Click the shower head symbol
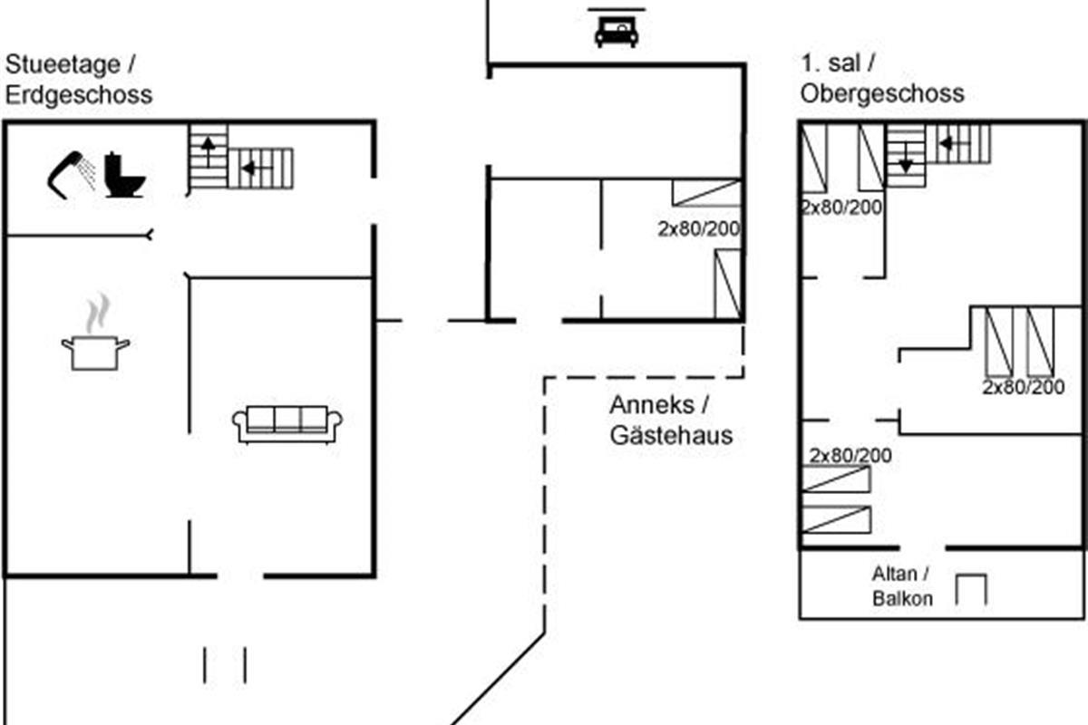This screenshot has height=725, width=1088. (71, 175)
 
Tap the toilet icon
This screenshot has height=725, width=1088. (125, 175)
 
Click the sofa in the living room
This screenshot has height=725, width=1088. (287, 424)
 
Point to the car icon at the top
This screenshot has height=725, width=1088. (617, 32)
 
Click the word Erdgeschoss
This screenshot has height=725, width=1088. (79, 94)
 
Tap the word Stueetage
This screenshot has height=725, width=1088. (63, 64)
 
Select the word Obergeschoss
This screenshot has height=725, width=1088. (882, 93)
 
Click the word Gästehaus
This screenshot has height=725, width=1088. (671, 435)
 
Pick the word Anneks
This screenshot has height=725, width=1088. (652, 405)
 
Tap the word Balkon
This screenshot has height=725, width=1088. (902, 599)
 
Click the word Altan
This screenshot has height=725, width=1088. (894, 574)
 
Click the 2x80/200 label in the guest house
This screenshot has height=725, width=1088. (699, 228)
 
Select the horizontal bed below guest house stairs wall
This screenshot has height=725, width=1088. (706, 193)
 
